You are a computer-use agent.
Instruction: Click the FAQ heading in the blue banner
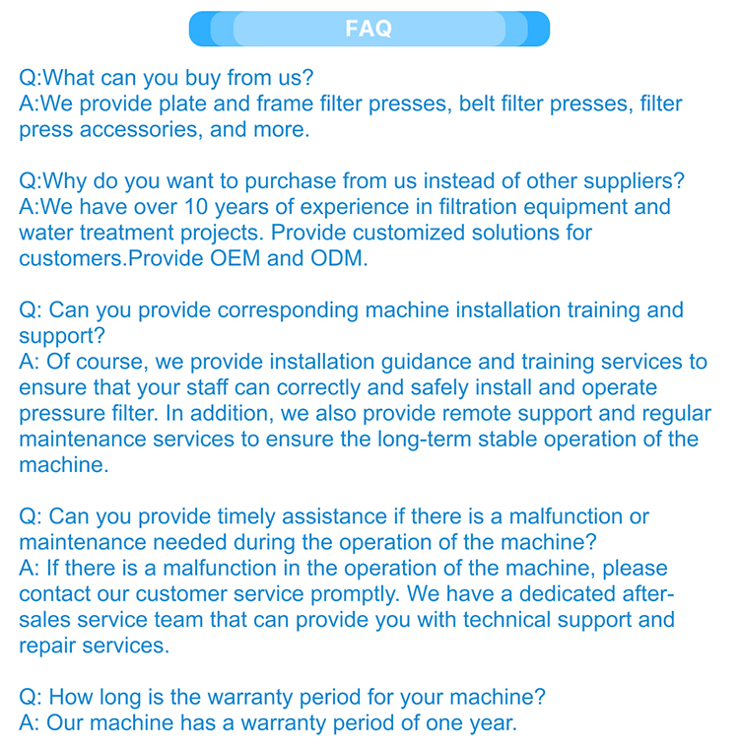click(x=369, y=30)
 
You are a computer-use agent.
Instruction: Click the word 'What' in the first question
click(x=70, y=78)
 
